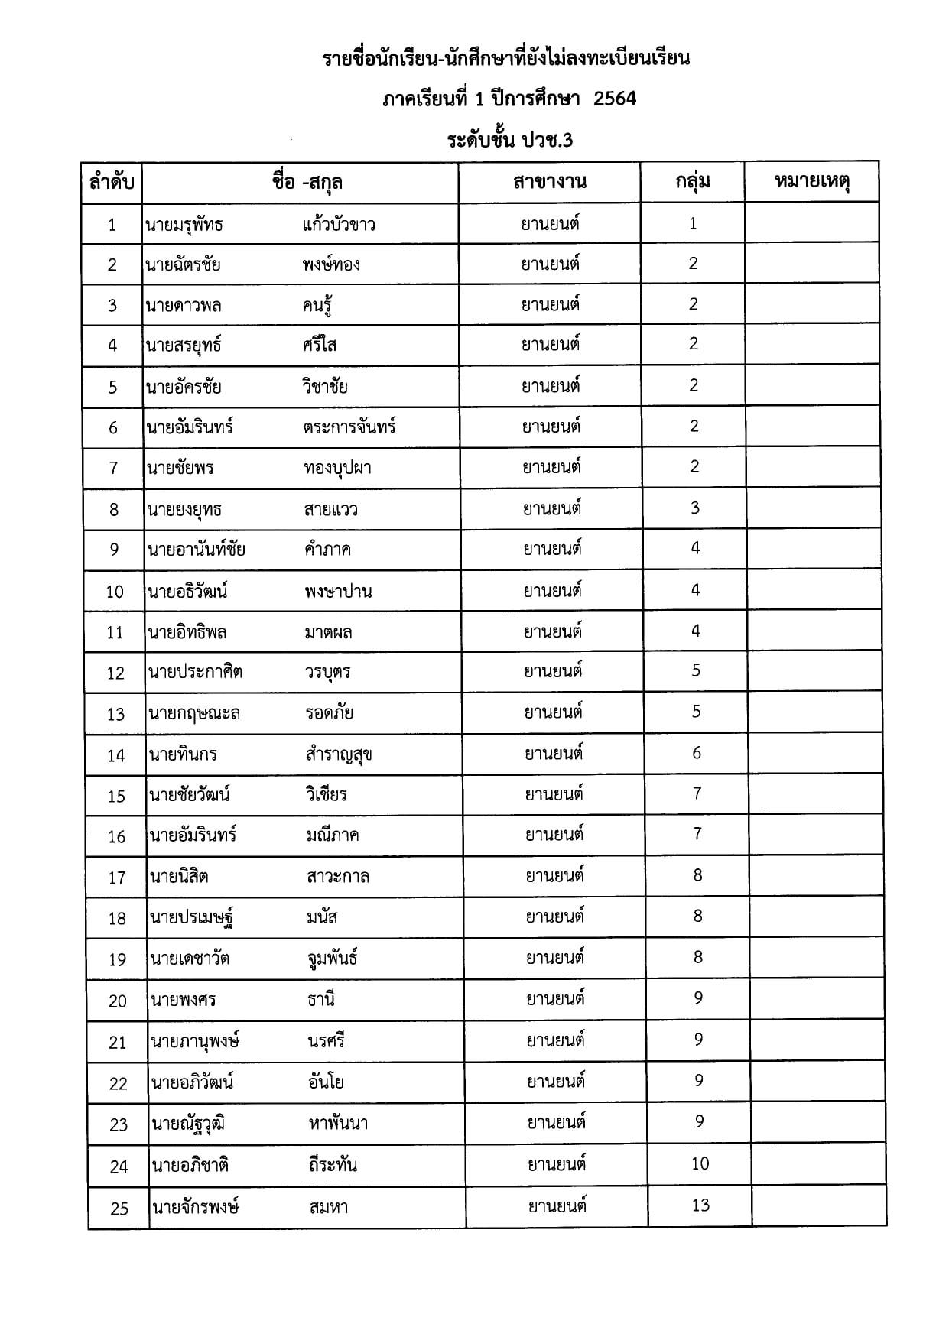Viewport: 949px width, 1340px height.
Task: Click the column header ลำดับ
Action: tap(112, 183)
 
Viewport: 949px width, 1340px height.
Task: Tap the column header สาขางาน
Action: tap(550, 182)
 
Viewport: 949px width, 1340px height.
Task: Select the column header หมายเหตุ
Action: tap(812, 182)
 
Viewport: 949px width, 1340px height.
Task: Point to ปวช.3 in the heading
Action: tap(548, 141)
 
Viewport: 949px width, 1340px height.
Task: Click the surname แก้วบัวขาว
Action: tap(339, 225)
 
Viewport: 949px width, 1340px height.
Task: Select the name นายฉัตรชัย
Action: tap(184, 265)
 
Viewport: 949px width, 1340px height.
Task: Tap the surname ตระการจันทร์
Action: tap(349, 427)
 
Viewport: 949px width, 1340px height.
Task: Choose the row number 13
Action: tap(115, 714)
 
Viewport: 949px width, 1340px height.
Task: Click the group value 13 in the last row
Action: tap(700, 1205)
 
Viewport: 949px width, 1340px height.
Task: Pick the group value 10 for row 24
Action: tap(700, 1164)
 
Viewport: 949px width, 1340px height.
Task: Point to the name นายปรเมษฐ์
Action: tap(192, 918)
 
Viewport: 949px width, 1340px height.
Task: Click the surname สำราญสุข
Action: tap(339, 755)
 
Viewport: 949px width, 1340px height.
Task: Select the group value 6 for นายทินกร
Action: tap(697, 753)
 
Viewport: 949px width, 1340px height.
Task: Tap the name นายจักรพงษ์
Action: tap(196, 1208)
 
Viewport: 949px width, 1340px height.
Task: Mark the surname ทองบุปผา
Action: tap(337, 468)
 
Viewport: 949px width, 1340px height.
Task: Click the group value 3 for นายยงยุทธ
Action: tap(694, 508)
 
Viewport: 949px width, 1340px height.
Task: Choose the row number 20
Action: tap(118, 1001)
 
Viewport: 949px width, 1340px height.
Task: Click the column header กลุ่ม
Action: tap(693, 182)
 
